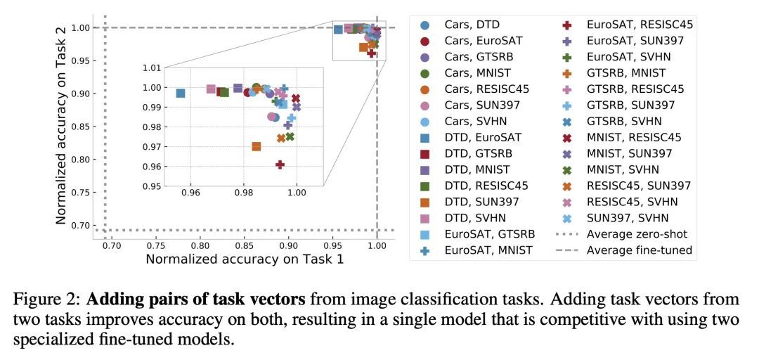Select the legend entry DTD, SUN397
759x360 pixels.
[477, 202]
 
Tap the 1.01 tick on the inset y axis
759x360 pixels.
[153, 68]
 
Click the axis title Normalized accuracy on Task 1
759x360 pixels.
[244, 259]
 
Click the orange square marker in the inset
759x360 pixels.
[257, 146]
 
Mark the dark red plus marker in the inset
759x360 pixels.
[280, 165]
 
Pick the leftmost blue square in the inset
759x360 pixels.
[181, 93]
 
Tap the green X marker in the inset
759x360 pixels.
[290, 136]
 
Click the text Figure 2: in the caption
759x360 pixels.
[46, 299]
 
